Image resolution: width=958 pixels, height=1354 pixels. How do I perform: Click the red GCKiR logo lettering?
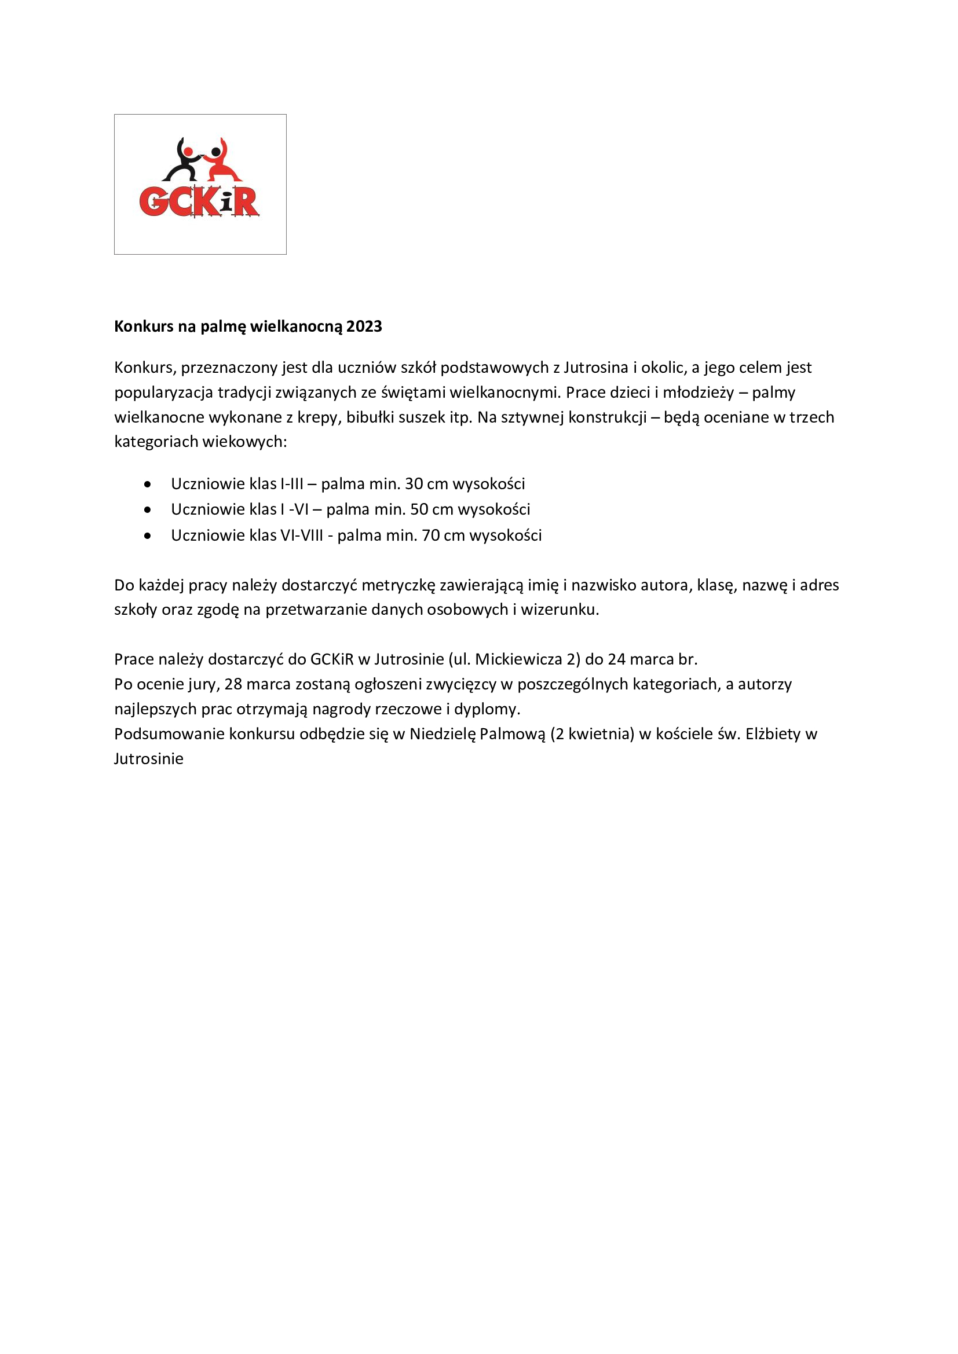click(x=199, y=201)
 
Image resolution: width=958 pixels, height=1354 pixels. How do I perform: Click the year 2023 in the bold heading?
click(x=364, y=326)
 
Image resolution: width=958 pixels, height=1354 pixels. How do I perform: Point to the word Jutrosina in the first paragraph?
click(x=596, y=368)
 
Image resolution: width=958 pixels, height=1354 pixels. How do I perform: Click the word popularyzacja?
click(x=163, y=392)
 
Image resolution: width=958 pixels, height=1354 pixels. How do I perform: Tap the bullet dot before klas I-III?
click(x=147, y=484)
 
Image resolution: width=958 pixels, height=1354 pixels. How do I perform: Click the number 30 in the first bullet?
click(x=414, y=483)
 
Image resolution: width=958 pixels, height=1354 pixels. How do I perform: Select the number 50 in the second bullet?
click(x=419, y=509)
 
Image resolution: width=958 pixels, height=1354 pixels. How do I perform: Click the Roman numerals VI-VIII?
click(x=301, y=535)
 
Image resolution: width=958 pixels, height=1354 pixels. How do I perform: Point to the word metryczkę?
click(x=398, y=585)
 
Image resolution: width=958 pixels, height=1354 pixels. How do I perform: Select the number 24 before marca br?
click(x=616, y=659)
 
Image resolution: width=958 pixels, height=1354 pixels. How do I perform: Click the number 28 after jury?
click(x=233, y=684)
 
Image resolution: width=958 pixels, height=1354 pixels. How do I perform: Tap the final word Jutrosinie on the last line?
click(x=149, y=758)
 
